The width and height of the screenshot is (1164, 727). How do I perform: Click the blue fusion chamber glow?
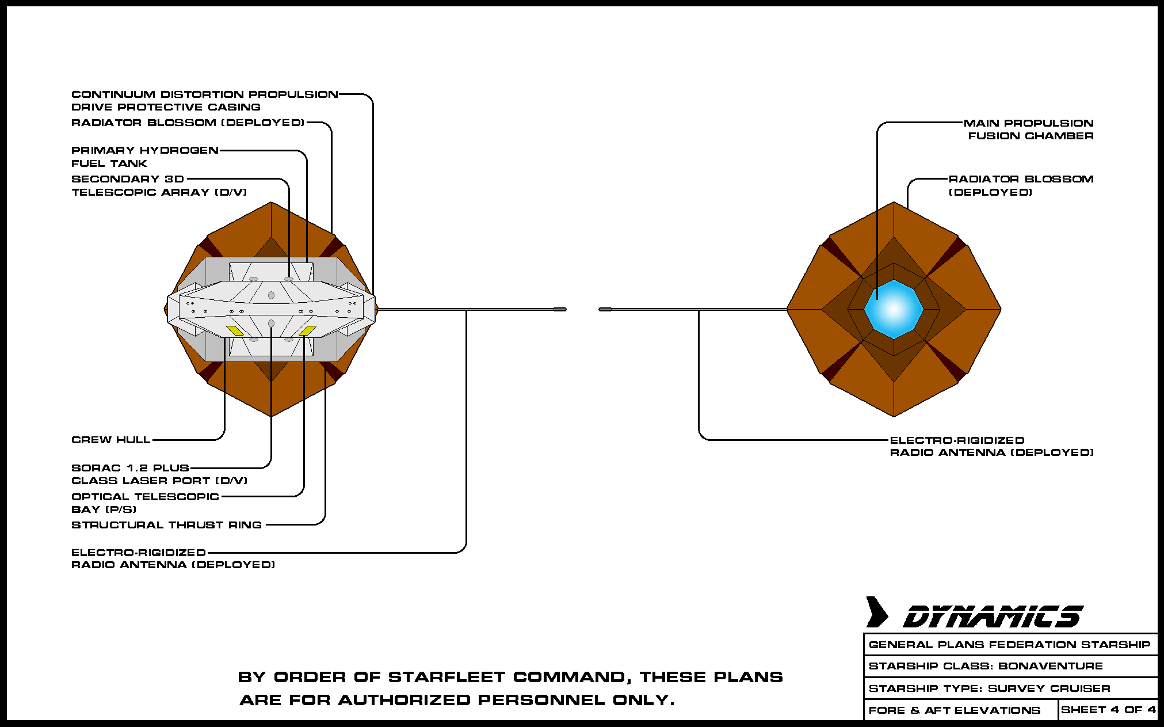pos(894,309)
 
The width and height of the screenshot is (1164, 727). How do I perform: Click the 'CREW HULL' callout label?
pos(110,440)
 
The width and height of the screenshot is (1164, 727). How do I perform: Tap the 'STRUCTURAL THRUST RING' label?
pos(166,525)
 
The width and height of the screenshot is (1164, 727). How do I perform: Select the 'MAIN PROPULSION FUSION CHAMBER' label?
pos(1029,130)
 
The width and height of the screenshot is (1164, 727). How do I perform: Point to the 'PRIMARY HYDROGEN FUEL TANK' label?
pos(144,157)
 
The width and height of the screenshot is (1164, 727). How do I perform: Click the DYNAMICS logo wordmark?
pos(993,616)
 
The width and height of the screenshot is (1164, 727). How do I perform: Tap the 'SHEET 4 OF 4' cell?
pos(1108,710)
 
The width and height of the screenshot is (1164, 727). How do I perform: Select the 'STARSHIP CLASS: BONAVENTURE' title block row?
pos(986,666)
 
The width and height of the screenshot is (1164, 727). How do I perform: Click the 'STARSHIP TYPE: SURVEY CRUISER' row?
pos(989,688)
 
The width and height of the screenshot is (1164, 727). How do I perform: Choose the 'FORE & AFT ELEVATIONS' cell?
pos(954,710)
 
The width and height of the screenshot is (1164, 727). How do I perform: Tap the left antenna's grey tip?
pos(560,310)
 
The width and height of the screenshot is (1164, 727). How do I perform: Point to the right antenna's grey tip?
pos(605,310)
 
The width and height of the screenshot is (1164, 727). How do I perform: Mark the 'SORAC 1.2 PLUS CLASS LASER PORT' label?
pos(159,474)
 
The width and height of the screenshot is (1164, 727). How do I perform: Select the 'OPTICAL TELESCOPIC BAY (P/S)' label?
pos(145,503)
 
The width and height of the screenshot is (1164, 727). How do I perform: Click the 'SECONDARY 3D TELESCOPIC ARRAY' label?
pos(159,185)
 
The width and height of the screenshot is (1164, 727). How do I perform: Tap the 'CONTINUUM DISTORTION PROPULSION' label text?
pos(205,94)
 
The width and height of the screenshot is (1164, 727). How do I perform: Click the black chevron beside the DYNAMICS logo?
pos(877,612)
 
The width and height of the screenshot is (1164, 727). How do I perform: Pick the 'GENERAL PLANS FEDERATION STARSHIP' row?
pos(1009,645)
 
